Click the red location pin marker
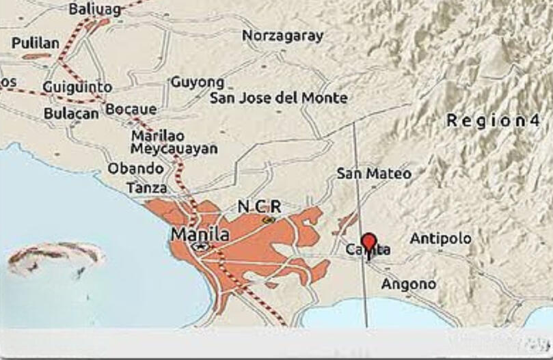(369, 243)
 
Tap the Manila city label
(200, 234)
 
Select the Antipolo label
(440, 238)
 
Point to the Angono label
(408, 283)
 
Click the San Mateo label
(374, 174)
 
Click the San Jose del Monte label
(278, 98)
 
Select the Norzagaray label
(282, 36)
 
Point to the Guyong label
(197, 82)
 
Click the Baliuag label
(94, 9)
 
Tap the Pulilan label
(36, 43)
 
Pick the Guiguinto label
(77, 87)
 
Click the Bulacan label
(71, 114)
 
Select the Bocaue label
(131, 109)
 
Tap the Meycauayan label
(174, 148)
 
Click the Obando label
(135, 168)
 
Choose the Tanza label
(146, 187)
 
